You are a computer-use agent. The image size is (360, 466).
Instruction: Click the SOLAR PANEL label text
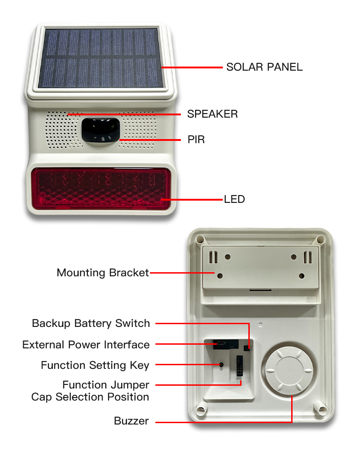(264, 67)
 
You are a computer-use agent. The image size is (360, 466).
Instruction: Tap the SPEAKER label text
(212, 114)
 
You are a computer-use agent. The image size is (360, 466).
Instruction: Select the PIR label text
(196, 139)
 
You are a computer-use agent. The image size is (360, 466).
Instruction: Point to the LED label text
(234, 199)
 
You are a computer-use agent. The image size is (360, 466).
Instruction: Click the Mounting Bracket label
(103, 273)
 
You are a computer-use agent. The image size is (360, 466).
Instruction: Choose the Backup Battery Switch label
(91, 323)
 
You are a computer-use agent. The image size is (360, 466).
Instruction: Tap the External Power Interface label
(86, 344)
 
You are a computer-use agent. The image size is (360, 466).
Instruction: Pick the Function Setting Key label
(95, 365)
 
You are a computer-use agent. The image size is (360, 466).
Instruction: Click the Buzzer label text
(131, 421)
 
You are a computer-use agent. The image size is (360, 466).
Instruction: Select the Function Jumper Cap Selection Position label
(90, 391)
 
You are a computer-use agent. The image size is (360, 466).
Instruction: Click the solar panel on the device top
(100, 58)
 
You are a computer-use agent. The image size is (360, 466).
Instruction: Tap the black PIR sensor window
(101, 131)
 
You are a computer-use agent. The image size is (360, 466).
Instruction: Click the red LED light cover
(101, 188)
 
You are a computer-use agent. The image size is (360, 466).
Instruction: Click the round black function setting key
(221, 365)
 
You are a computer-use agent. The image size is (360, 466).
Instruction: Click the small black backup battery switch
(247, 348)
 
